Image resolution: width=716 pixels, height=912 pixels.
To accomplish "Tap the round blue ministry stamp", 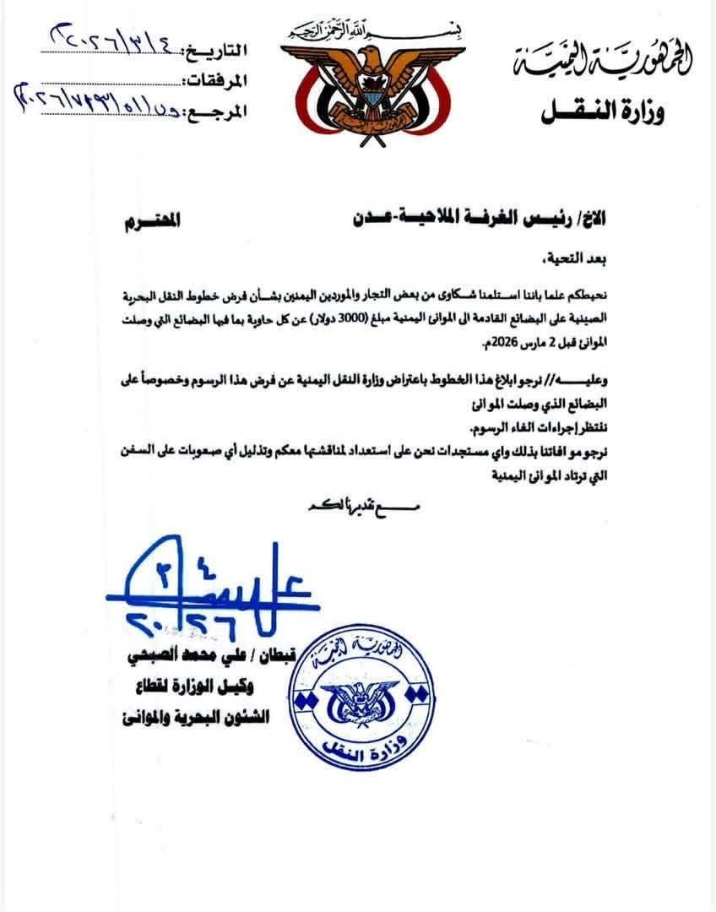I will [366, 693].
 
